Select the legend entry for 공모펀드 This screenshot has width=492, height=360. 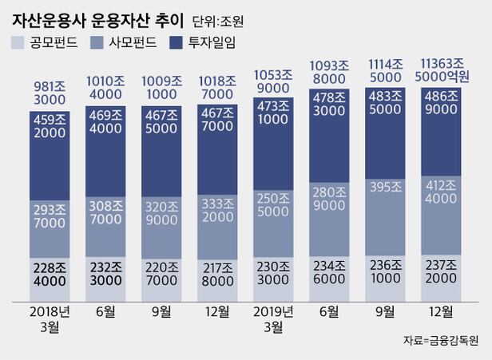(x=47, y=41)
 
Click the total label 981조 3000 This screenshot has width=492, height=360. (x=50, y=89)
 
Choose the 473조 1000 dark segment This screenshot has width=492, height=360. (x=274, y=128)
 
